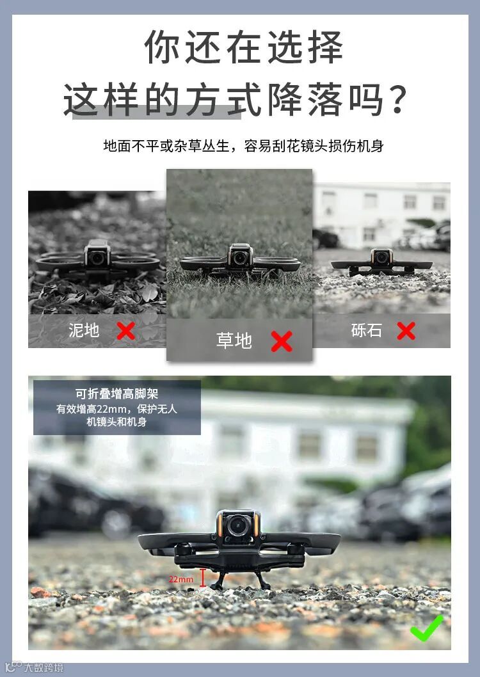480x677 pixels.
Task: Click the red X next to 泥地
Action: (125, 331)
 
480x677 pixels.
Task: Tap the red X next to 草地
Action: (282, 341)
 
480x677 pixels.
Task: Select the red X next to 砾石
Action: (406, 331)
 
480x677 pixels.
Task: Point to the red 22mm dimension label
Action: (181, 579)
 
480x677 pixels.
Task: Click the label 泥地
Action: (84, 331)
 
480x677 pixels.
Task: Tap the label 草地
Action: (234, 340)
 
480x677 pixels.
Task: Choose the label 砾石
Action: (367, 331)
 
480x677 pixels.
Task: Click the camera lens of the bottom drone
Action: (237, 525)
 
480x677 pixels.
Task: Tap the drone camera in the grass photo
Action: (240, 257)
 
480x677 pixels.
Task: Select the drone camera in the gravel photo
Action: (381, 257)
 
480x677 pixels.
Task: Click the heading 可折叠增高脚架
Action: (117, 394)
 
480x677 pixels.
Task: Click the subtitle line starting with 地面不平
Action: (243, 146)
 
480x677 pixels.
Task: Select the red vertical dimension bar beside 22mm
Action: (202, 578)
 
